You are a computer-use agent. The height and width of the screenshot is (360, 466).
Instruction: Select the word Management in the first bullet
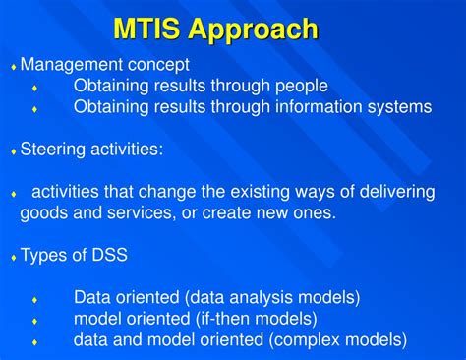[x=70, y=65]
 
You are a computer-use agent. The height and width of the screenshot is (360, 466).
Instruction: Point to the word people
[x=299, y=87]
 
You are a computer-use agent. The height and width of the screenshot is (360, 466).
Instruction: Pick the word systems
[x=398, y=107]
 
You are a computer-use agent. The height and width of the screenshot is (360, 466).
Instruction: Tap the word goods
[x=44, y=212]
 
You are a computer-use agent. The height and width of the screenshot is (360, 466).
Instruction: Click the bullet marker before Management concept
[x=14, y=67]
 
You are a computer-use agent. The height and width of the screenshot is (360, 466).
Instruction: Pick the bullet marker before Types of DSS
[x=14, y=257]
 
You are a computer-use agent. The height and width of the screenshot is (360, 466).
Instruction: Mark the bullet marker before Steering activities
[x=14, y=151]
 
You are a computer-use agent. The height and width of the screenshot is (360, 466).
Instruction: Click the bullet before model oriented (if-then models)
[x=35, y=321]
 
